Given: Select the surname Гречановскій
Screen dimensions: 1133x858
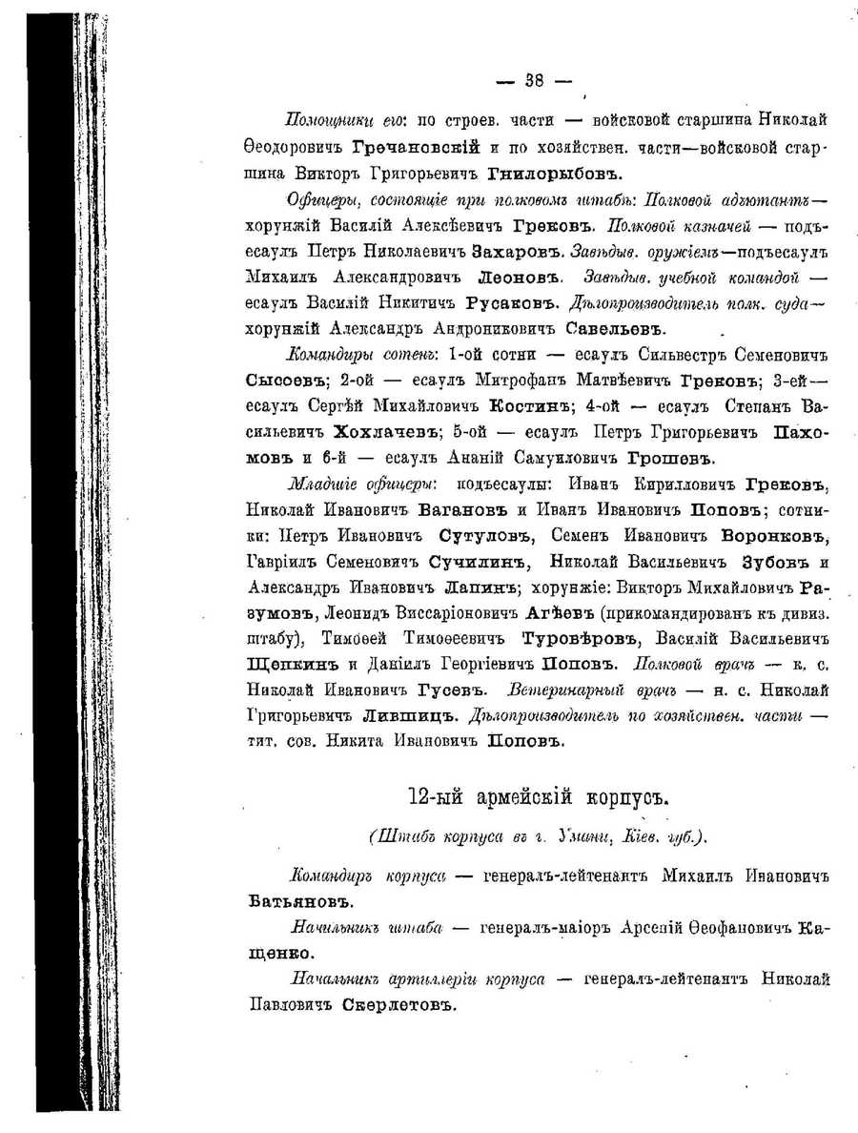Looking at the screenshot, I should pos(416,148).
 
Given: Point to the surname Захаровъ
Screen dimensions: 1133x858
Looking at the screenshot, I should pos(514,254).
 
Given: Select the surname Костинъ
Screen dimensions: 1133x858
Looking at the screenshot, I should pos(521,405).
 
